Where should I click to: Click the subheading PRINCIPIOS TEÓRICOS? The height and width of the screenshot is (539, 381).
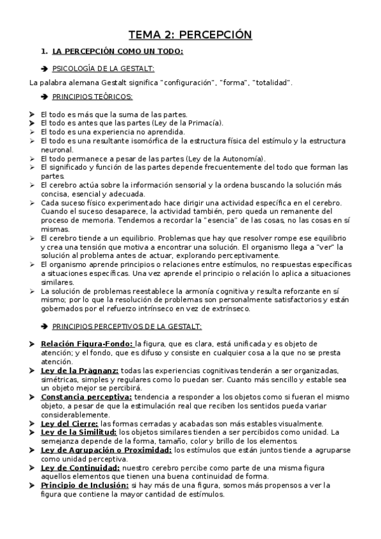coord(92,97)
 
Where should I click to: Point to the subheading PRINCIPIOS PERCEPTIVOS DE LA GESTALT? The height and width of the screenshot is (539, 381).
coord(127,327)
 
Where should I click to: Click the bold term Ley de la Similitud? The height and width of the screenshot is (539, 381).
coord(84,432)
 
